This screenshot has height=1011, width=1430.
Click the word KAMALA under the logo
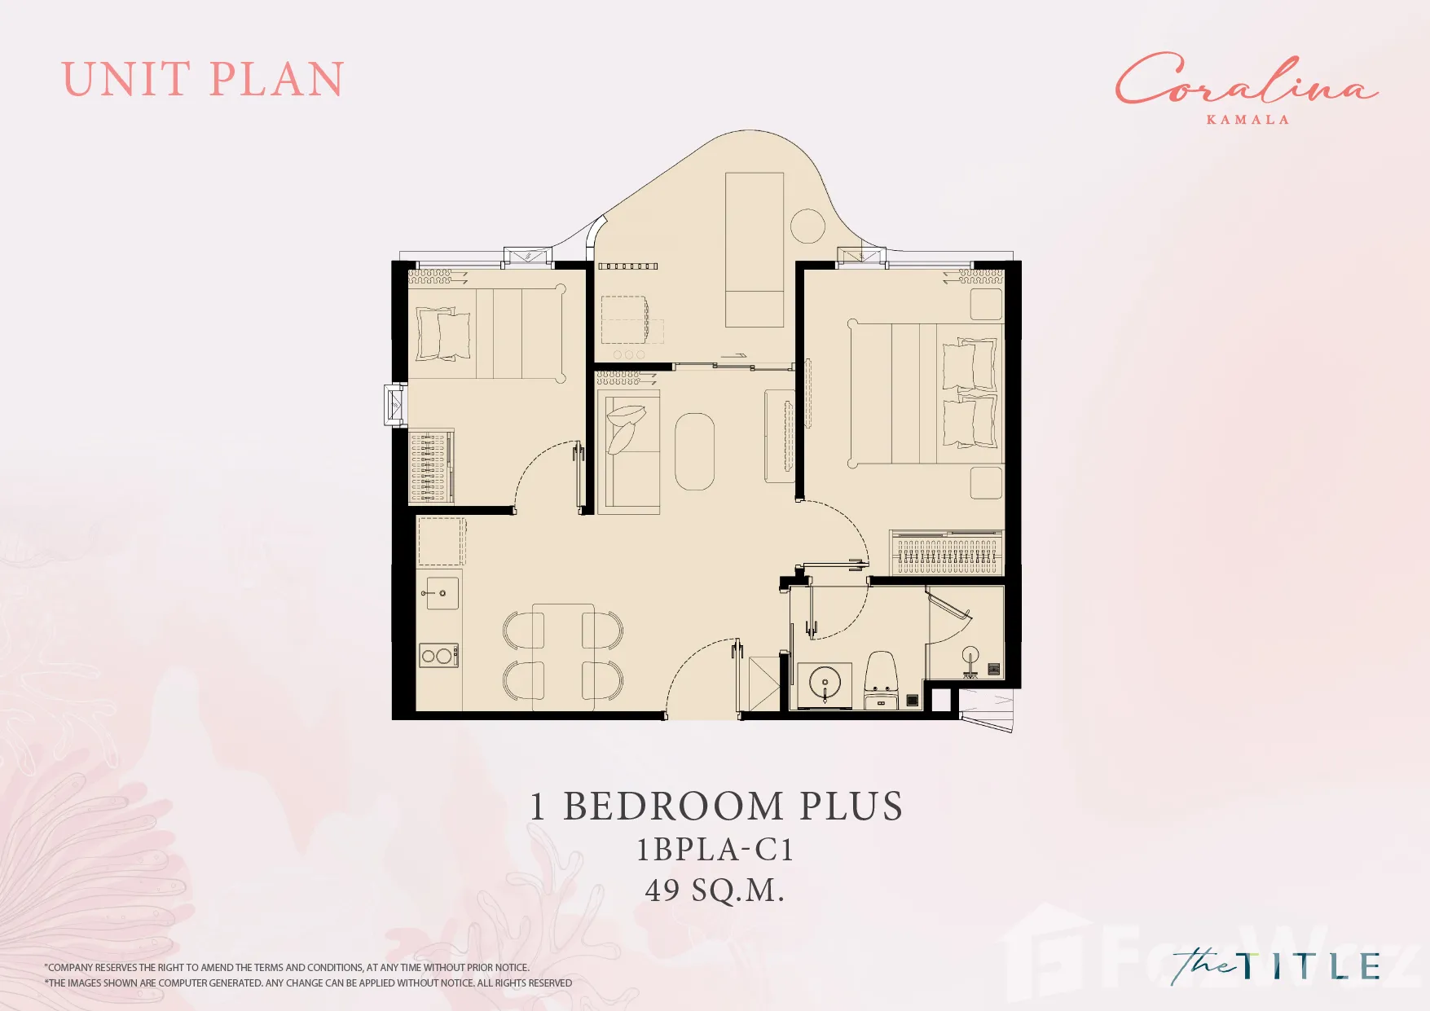(x=1247, y=120)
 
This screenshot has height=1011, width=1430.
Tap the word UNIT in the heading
(x=125, y=80)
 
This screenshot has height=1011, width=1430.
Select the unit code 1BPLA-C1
(x=715, y=850)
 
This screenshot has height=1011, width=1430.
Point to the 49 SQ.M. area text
(x=715, y=890)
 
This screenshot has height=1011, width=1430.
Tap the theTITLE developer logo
(x=1276, y=966)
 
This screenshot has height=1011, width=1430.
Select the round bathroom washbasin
(x=825, y=683)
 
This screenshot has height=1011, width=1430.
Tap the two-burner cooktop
(x=438, y=655)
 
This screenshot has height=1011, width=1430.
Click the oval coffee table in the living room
(x=694, y=451)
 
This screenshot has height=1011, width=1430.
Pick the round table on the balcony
(x=808, y=226)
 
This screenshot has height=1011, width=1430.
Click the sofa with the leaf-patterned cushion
(x=628, y=452)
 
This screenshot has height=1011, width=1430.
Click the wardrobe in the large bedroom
(x=946, y=552)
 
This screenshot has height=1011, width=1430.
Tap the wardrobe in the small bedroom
(x=430, y=466)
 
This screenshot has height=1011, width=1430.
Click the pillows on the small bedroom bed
(x=443, y=334)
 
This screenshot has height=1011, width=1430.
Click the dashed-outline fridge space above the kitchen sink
(x=441, y=541)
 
